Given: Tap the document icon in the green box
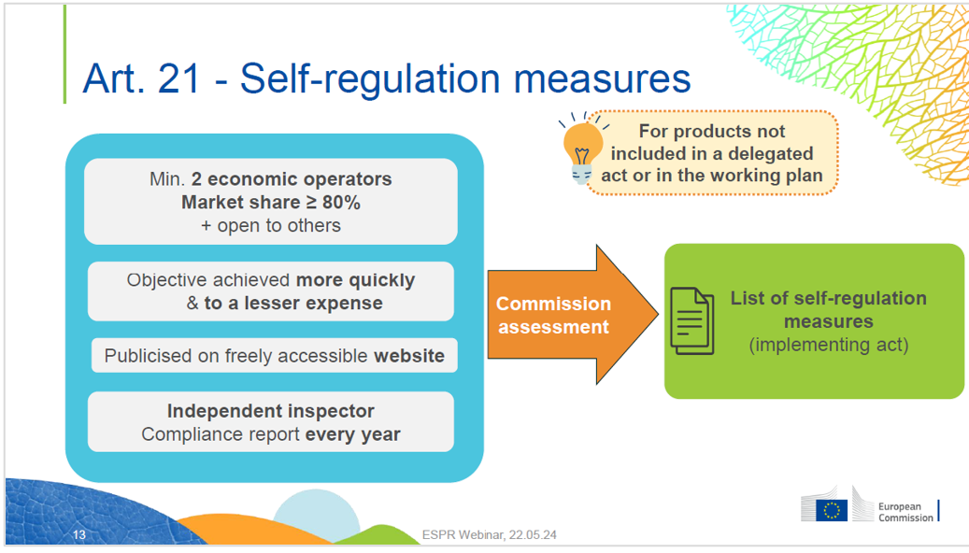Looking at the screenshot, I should (692, 321).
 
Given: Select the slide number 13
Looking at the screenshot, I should (79, 535).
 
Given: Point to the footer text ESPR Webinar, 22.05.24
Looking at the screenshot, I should (489, 535).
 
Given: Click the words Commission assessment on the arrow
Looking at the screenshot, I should (553, 315).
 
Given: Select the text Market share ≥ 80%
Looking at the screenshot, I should (271, 203).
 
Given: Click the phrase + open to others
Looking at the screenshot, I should (271, 226).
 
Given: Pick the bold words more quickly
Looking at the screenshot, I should (355, 280).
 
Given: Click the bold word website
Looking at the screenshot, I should (409, 356).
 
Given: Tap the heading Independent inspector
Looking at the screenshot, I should (271, 411).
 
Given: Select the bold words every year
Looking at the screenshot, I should (352, 434).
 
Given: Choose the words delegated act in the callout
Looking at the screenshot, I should (748, 163).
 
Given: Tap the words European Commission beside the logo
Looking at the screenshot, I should (905, 512).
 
